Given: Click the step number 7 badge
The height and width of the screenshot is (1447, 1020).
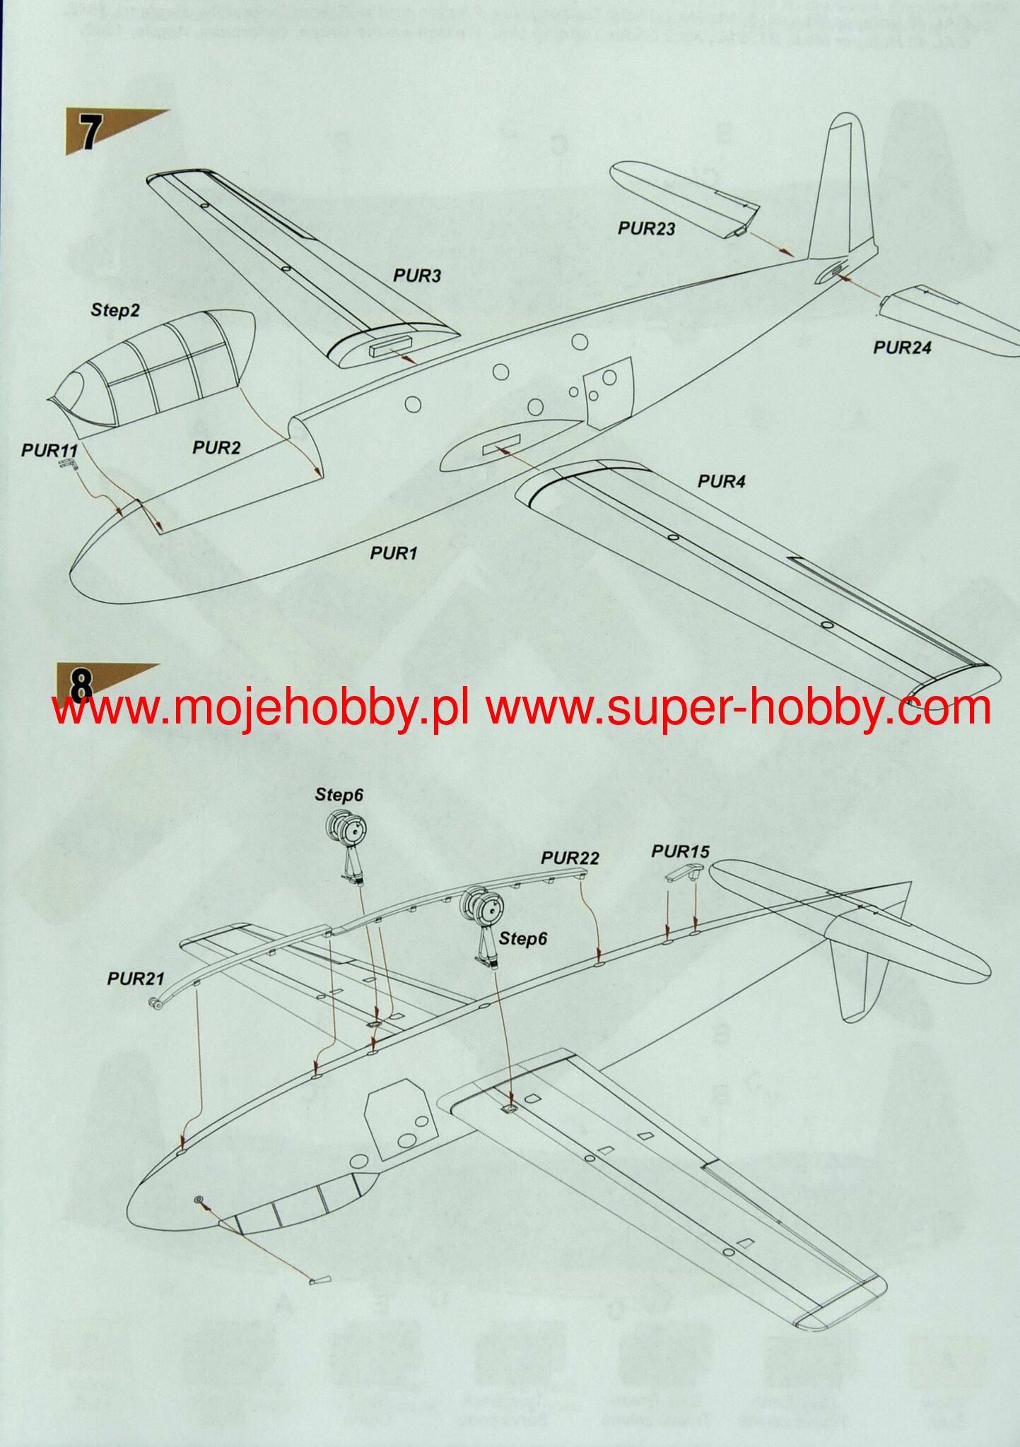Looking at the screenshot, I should pyautogui.click(x=88, y=132).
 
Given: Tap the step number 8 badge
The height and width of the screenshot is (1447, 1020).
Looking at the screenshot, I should pyautogui.click(x=81, y=683).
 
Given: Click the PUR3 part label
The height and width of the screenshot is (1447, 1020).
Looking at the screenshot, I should pyautogui.click(x=417, y=276).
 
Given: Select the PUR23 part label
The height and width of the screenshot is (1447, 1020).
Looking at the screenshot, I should pyautogui.click(x=646, y=228).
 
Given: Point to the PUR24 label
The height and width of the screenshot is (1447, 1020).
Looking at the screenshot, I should pyautogui.click(x=902, y=348).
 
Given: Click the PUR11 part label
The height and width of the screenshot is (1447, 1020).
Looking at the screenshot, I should pyautogui.click(x=49, y=450).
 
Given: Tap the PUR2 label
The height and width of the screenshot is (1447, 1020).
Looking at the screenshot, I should pyautogui.click(x=216, y=447).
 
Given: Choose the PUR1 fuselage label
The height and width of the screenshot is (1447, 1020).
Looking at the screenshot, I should pyautogui.click(x=394, y=553).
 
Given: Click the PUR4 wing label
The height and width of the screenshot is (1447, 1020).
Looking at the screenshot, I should pyautogui.click(x=722, y=482).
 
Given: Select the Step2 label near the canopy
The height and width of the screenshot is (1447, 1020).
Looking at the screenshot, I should pyautogui.click(x=115, y=310).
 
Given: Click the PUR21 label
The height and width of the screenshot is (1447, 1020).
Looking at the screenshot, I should pyautogui.click(x=136, y=979).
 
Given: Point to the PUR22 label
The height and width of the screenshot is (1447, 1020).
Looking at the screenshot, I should pyautogui.click(x=570, y=858).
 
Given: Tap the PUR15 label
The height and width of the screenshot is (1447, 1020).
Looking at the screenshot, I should pyautogui.click(x=680, y=851).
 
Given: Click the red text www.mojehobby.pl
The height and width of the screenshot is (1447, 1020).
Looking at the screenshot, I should pyautogui.click(x=261, y=708).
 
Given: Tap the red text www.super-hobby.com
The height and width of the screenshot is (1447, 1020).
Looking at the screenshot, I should pyautogui.click(x=738, y=708).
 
